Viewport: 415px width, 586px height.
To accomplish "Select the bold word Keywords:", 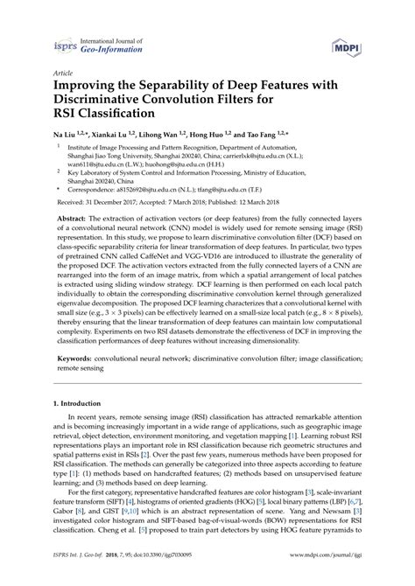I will pyautogui.click(x=76, y=382).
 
